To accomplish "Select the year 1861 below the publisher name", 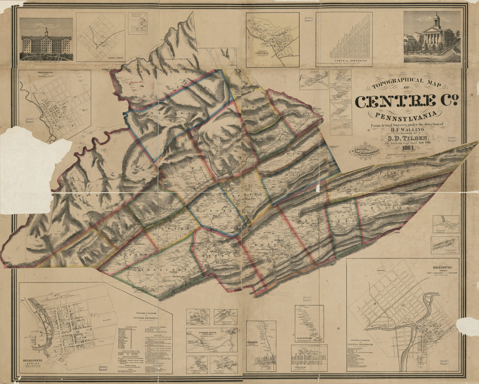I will (408, 148).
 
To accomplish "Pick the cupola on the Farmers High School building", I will (46, 32).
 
